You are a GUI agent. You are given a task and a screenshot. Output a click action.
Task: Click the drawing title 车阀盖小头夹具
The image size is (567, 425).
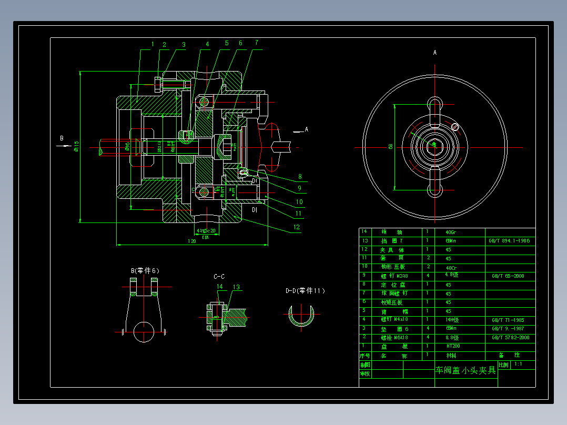pyautogui.click(x=465, y=370)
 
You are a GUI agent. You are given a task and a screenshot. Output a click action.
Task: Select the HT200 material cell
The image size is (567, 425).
pyautogui.click(x=453, y=347)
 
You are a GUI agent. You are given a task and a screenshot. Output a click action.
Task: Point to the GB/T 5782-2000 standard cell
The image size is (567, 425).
pyautogui.click(x=510, y=338)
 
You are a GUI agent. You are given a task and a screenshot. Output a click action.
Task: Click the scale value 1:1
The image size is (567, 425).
pyautogui.click(x=518, y=364)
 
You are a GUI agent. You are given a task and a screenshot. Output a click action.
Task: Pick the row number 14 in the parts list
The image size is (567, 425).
pyautogui.click(x=364, y=231)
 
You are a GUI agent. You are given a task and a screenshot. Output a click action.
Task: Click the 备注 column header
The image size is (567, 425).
pyautogui.click(x=509, y=356)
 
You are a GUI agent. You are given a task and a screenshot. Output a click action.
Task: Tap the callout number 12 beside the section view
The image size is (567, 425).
pyautogui.click(x=297, y=228)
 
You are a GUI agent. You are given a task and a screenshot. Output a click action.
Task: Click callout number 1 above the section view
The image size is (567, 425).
pyautogui.click(x=153, y=44)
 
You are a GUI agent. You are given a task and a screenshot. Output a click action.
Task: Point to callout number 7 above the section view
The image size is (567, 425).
pyautogui.click(x=256, y=43)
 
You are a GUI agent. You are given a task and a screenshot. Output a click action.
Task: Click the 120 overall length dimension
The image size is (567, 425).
pyautogui.click(x=191, y=241)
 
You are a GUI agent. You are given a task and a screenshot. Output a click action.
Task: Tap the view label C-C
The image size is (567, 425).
pyautogui.click(x=219, y=276)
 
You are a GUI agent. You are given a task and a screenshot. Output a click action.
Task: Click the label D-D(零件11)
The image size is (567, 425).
pyautogui.click(x=305, y=290)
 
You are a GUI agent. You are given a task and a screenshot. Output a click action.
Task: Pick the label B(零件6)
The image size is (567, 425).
pyautogui.click(x=145, y=270)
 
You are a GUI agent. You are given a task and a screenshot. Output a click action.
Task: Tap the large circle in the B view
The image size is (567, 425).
pyautogui.click(x=145, y=331)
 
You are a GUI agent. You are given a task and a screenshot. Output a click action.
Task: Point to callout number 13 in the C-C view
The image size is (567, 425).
pyautogui.click(x=237, y=287)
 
